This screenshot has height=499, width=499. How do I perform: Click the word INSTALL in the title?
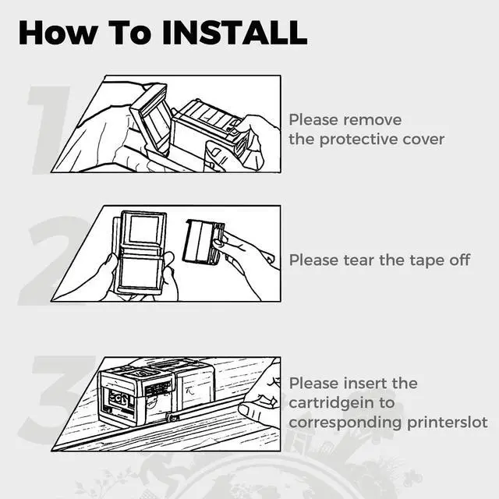pyautogui.click(x=235, y=33)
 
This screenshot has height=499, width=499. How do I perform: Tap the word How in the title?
pyautogui.click(x=58, y=33)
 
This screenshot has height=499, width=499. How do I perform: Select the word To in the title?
pyautogui.click(x=130, y=33)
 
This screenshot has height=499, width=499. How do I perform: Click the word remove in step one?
pyautogui.click(x=373, y=120)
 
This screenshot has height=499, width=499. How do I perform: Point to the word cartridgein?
pyautogui.click(x=342, y=404)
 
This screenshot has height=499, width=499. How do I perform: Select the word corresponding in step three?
pyautogui.click(x=345, y=423)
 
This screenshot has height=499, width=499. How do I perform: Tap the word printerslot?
pyautogui.click(x=448, y=423)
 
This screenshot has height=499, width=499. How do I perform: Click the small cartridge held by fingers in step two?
pyautogui.click(x=203, y=242)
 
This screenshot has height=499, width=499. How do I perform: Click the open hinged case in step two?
pyautogui.click(x=140, y=252)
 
